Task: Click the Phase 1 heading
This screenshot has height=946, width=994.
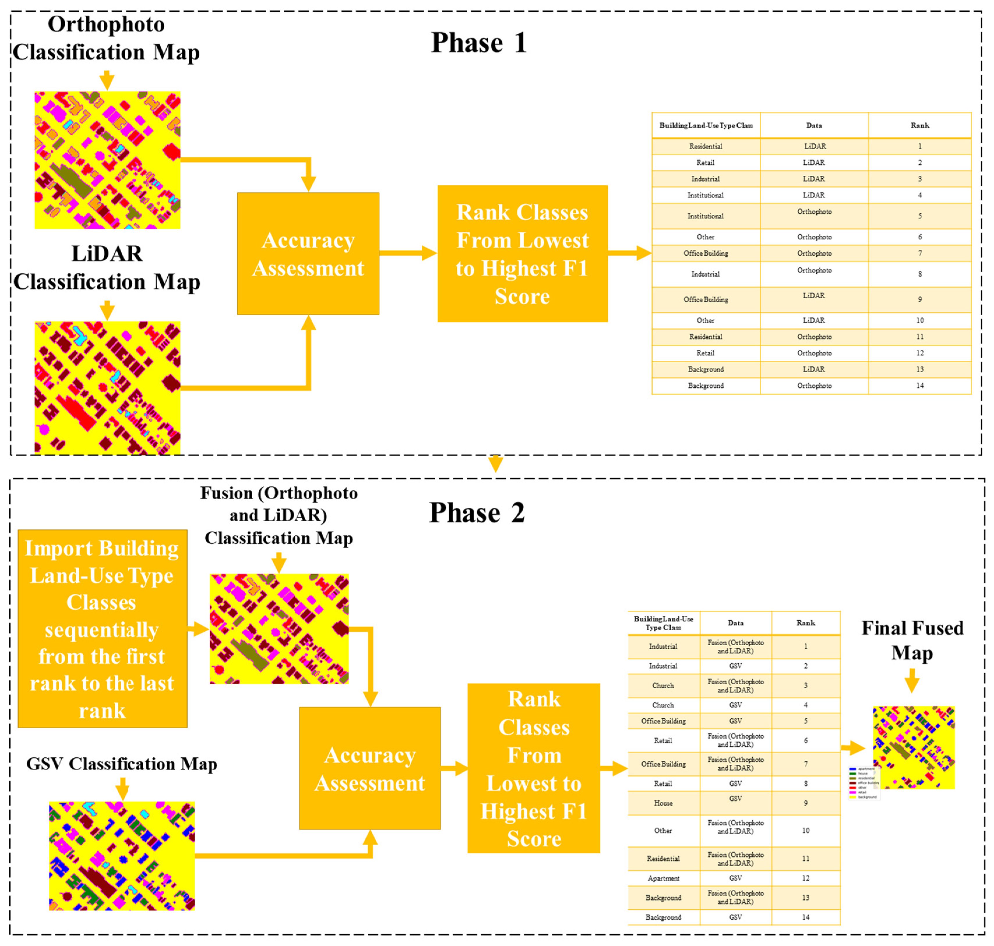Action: pos(478,42)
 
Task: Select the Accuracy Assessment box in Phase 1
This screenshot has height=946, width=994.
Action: pos(308,254)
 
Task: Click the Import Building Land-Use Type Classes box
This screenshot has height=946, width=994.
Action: pos(103,628)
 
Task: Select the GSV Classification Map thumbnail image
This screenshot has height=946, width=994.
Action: pos(121,856)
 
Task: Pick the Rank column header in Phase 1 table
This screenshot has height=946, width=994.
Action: pos(919,125)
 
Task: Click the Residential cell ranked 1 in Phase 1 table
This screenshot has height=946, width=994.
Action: pos(705,146)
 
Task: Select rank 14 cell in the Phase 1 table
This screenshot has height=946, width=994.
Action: pos(919,386)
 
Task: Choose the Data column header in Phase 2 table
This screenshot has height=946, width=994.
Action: pos(735,623)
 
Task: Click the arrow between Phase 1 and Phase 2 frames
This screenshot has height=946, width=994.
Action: pos(496,463)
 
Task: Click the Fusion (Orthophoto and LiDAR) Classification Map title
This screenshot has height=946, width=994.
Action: pos(279,515)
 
